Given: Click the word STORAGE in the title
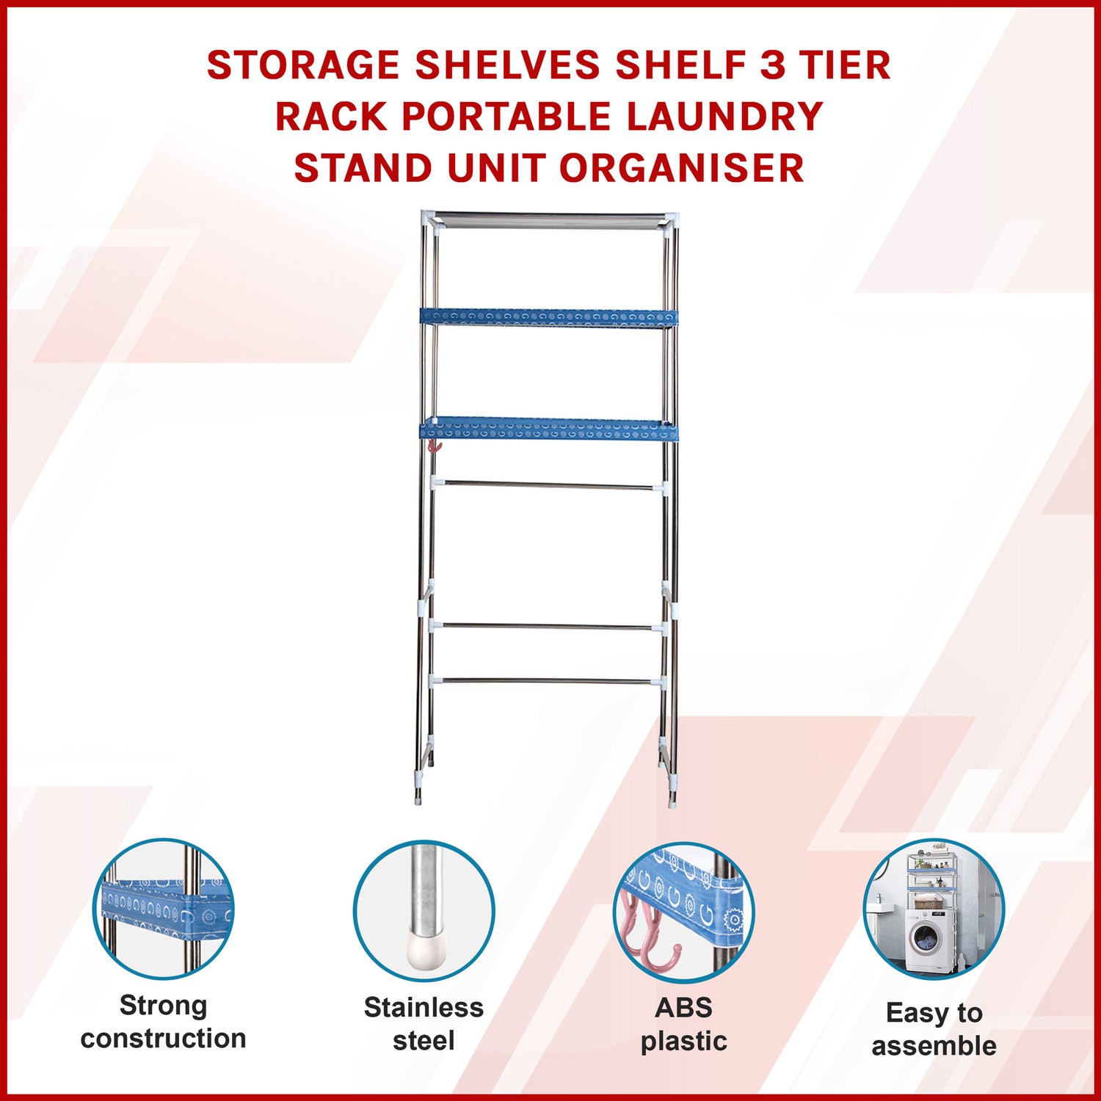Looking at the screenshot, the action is coord(303,65).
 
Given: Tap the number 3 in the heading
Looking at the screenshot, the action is coord(772,65).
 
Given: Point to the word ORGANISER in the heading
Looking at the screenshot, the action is coord(682,168).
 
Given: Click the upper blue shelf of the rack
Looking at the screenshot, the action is coord(548,318).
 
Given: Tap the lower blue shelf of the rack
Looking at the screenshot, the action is coord(548,429).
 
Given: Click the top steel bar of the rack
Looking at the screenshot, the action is coord(549,218).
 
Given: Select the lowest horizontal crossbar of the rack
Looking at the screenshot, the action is coord(549,681).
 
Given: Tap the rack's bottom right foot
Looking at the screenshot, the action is coord(672,795).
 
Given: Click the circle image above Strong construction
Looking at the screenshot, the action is coord(164,909).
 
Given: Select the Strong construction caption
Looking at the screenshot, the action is coord(164,1022).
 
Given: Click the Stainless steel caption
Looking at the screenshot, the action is coord(424,1024).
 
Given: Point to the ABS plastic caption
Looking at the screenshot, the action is coord(683,1024).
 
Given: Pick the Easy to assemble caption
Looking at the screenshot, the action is coord(934,1029).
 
